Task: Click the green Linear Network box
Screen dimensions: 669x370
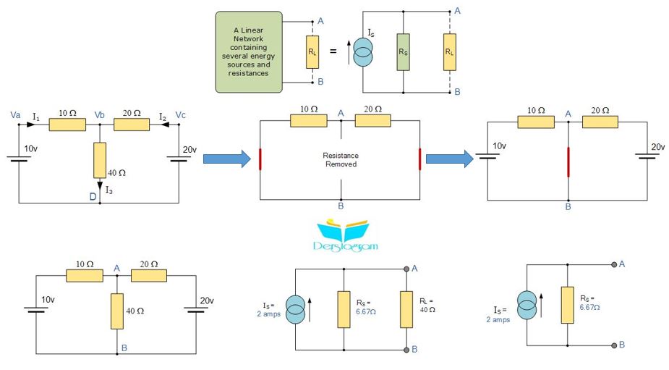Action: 249,51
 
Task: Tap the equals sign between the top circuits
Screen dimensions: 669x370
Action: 333,51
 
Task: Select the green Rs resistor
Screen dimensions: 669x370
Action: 403,52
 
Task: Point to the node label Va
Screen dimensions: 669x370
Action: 15,115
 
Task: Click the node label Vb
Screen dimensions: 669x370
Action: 99,115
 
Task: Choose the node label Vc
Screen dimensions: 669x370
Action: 181,115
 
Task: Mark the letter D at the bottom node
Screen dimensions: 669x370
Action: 93,196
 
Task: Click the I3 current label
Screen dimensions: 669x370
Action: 109,190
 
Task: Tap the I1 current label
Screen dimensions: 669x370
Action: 36,117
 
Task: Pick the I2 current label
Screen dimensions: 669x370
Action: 163,117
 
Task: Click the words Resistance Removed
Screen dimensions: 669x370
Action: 341,160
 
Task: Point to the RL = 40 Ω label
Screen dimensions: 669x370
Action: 427,305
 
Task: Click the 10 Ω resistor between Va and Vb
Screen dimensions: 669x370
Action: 67,125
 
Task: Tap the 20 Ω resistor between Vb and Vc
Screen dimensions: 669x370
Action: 132,125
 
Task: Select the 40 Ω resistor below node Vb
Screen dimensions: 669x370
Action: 100,160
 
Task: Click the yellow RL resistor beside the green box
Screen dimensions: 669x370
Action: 312,52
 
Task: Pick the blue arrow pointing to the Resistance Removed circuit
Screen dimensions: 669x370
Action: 227,159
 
